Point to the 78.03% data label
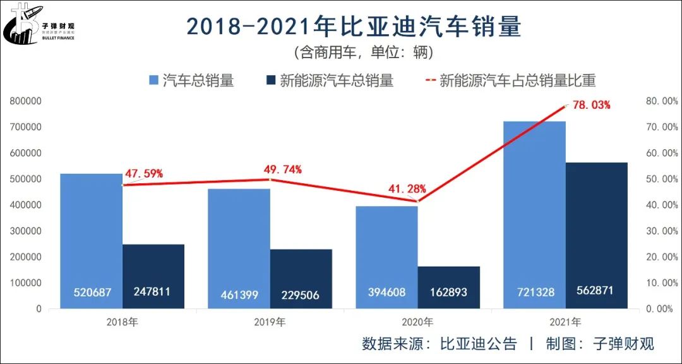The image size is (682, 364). click(591, 105)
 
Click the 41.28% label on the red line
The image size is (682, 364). click(407, 188)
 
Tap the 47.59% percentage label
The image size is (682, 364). click(143, 173)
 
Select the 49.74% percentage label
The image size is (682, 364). click(282, 169)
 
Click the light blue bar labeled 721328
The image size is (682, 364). click(535, 209)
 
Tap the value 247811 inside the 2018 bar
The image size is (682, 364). click(153, 292)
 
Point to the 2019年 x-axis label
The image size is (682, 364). click(270, 322)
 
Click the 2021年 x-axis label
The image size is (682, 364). click(566, 322)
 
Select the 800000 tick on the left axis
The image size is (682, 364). click(25, 101)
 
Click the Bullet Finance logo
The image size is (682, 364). click(38, 24)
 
